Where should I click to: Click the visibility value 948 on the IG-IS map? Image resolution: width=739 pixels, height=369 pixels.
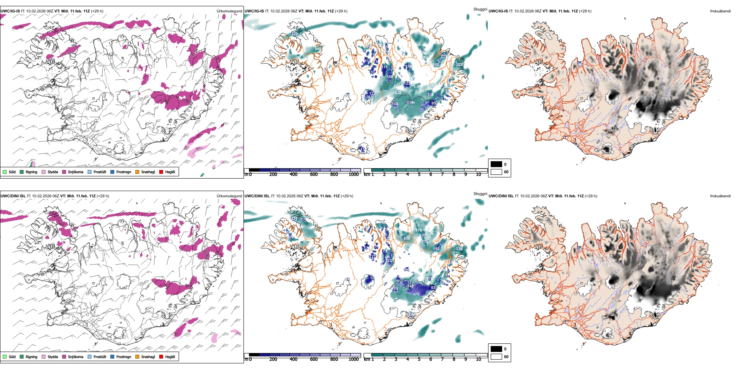tap(318, 49)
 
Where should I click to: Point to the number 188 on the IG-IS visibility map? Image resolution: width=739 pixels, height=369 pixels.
tap(390, 77)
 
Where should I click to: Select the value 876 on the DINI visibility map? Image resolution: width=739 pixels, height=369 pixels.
tap(419, 230)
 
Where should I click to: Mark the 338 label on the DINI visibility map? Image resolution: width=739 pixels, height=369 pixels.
tap(459, 249)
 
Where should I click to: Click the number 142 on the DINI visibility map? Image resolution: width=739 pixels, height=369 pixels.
tap(410, 286)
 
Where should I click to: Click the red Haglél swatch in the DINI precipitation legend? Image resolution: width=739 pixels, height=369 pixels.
tap(161, 357)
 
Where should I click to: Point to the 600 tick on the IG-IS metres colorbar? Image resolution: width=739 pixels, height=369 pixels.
tap(314, 174)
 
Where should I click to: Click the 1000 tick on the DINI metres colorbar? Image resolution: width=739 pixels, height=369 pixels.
tap(354, 359)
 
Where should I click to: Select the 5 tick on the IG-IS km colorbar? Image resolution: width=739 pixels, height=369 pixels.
tap(419, 174)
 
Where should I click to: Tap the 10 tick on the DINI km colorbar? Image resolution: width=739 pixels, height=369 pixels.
tap(478, 359)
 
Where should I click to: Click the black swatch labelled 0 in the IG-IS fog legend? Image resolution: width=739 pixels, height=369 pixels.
tap(496, 164)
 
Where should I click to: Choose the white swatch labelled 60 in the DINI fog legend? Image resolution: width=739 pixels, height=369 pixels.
tap(496, 357)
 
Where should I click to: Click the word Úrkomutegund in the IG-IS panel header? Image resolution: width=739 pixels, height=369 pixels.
tap(229, 11)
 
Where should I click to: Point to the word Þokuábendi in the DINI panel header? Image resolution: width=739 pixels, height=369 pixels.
tap(720, 196)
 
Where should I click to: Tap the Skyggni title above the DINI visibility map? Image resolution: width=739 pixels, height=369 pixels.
tap(480, 193)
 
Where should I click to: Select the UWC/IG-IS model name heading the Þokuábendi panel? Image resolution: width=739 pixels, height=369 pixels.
tap(498, 11)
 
